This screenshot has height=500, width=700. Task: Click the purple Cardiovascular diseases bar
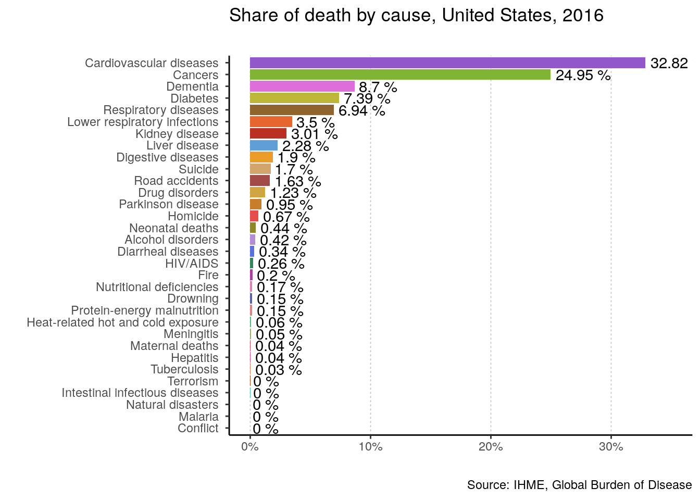pyautogui.click(x=447, y=63)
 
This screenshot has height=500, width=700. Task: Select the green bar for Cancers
pyautogui.click(x=400, y=75)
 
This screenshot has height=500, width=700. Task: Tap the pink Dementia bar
pyautogui.click(x=302, y=86)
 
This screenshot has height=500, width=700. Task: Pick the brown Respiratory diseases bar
pyautogui.click(x=292, y=110)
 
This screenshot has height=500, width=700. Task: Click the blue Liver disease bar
pyautogui.click(x=264, y=145)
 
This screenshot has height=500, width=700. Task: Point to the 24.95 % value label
pyautogui.click(x=583, y=76)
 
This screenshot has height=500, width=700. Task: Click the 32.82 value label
pyautogui.click(x=669, y=64)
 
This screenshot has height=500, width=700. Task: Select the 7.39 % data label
pyautogui.click(x=367, y=99)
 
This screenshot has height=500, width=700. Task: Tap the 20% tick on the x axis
pyautogui.click(x=491, y=446)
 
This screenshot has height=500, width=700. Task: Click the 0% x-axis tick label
pyautogui.click(x=250, y=446)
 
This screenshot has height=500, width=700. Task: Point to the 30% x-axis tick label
pyautogui.click(x=611, y=446)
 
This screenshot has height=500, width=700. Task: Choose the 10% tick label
pyautogui.click(x=370, y=446)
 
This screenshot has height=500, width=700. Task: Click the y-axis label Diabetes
pyautogui.click(x=194, y=98)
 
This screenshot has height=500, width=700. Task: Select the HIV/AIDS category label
pyautogui.click(x=192, y=264)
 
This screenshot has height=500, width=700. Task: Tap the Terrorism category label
pyautogui.click(x=193, y=381)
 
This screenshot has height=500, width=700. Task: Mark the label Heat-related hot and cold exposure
pyautogui.click(x=122, y=322)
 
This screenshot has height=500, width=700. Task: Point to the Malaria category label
pyautogui.click(x=198, y=417)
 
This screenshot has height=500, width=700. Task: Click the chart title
pyautogui.click(x=416, y=16)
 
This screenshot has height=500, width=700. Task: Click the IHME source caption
pyautogui.click(x=579, y=485)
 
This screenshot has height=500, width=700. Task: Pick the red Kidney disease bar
pyautogui.click(x=268, y=133)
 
